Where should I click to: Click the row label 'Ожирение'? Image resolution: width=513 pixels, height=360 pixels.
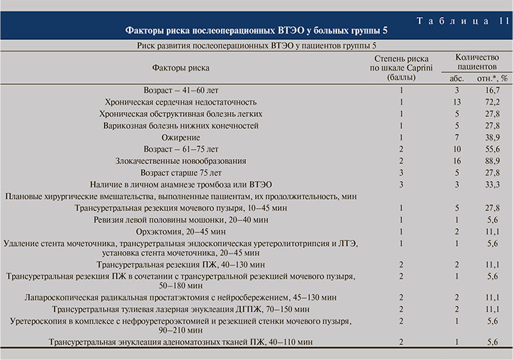[180, 136]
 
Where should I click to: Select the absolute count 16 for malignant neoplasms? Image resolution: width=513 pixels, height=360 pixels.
[457, 160]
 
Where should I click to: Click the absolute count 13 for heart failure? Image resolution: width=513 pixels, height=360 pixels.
[457, 103]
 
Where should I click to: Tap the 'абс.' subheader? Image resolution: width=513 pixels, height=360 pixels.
[456, 77]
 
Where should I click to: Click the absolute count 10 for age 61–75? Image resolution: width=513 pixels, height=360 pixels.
[457, 148]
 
